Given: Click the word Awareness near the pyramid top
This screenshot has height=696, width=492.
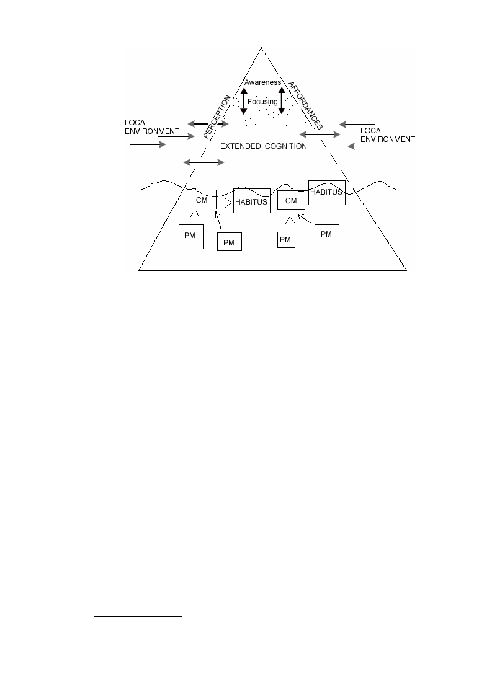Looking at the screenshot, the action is tap(262, 82).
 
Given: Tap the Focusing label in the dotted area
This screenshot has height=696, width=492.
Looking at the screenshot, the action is tap(262, 102).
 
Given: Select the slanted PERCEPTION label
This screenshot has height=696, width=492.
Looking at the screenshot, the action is tap(217, 117).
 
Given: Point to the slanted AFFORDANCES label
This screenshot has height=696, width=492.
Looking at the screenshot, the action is tap(305, 105).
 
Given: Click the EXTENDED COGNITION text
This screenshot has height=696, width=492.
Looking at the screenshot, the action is tap(264, 146).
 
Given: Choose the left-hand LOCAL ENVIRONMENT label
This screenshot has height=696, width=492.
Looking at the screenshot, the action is tap(151, 127).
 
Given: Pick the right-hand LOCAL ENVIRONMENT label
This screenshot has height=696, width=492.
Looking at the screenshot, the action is tap(388, 135).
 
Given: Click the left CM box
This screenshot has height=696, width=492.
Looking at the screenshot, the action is tap(203, 200).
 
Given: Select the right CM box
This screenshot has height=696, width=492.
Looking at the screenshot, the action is tap(291, 200).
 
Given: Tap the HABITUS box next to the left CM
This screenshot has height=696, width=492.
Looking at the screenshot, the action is tap(251, 201).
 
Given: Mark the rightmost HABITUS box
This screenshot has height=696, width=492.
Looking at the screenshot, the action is tap(327, 193).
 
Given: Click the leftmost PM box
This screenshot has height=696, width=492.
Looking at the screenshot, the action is tap(191, 237).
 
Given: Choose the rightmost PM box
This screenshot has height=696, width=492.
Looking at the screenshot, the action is tap(327, 234).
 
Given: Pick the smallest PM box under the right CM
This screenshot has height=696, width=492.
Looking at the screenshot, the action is tap(286, 240).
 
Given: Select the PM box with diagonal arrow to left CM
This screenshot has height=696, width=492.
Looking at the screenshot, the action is tap(230, 242).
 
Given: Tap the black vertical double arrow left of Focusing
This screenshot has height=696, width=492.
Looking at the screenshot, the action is tap(244, 101).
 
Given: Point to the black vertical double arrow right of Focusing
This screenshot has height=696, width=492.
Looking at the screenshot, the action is tap(281, 100).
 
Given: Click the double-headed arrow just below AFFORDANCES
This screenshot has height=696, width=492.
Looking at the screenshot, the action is tap(320, 134).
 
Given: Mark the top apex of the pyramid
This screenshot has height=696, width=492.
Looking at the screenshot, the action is tap(261, 47).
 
